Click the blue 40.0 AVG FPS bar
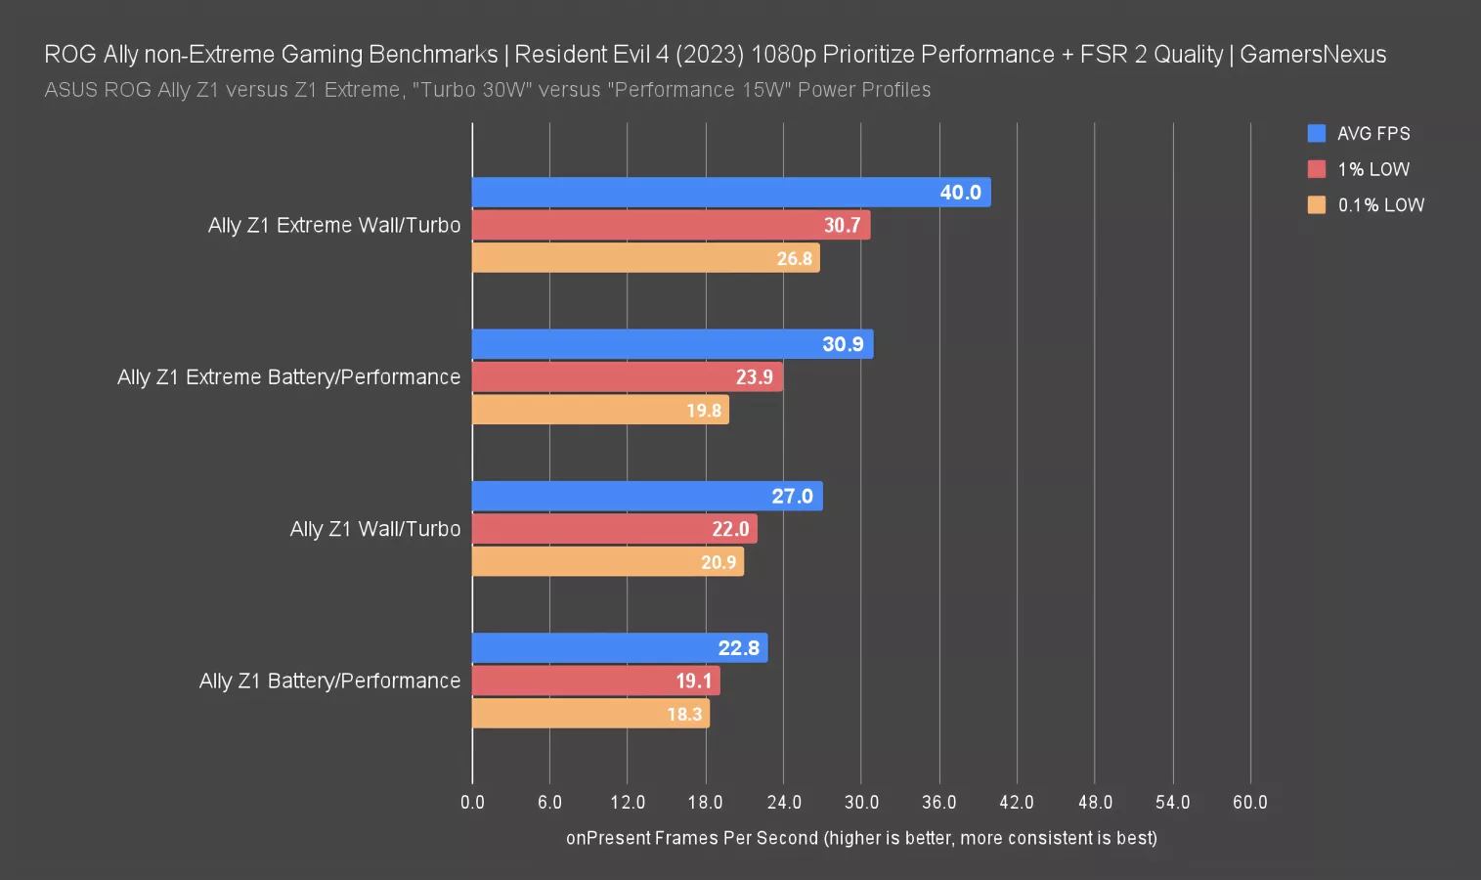[x=731, y=193]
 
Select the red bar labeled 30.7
[x=671, y=225]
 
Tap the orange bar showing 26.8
[x=645, y=258]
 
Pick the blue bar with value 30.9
[x=673, y=344]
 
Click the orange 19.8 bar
[x=600, y=410]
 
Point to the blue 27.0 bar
[x=647, y=496]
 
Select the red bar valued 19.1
[x=596, y=681]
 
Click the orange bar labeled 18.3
[x=590, y=714]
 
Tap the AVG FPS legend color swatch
[x=1317, y=134]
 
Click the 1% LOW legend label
[x=1373, y=169]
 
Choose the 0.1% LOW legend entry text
[x=1380, y=205]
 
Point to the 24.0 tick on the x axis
[x=784, y=803]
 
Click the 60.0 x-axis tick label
[x=1249, y=803]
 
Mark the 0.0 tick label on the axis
[x=472, y=803]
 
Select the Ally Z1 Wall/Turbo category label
[x=375, y=529]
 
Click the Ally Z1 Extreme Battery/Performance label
[x=288, y=377]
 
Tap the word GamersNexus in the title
[x=1313, y=55]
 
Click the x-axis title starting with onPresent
[x=861, y=838]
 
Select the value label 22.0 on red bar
[x=730, y=529]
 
